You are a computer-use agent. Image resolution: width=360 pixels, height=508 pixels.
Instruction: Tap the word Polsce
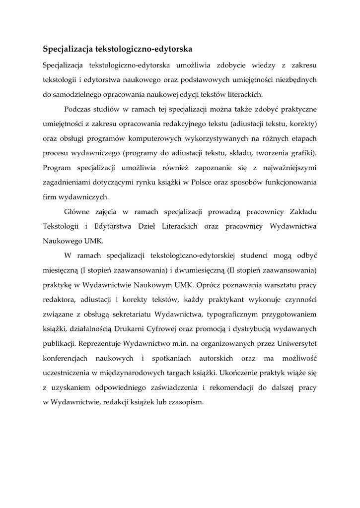tap(216, 182)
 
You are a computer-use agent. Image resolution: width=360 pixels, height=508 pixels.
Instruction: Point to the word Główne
tap(78, 212)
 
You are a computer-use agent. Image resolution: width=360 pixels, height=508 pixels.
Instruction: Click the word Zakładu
tap(303, 212)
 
